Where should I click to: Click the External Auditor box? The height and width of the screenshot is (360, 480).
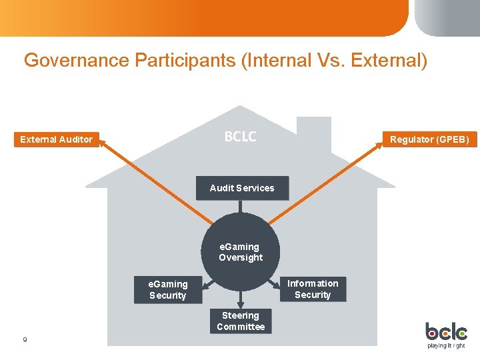coord(57,139)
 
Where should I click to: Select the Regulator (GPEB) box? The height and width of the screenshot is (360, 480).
coord(429,139)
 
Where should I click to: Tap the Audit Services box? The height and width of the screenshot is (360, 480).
coord(241,188)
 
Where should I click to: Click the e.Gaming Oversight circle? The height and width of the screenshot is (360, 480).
coord(241,252)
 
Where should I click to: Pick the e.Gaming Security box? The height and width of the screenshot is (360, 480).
coord(168,289)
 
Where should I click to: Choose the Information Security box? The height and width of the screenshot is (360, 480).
coord(313,289)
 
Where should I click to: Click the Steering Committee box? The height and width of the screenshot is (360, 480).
coord(241,321)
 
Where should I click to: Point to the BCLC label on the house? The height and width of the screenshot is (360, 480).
coord(240,137)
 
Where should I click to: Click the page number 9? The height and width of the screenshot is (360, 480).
coord(25,340)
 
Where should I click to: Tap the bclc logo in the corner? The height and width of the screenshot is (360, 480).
coord(446,331)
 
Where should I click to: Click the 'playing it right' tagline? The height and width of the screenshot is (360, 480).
coord(447,345)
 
